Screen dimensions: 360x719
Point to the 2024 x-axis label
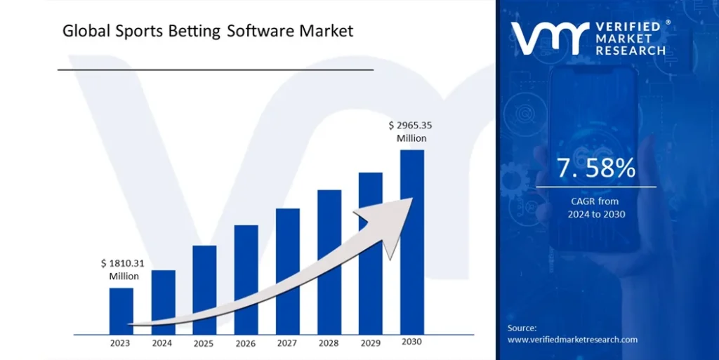tap(162, 343)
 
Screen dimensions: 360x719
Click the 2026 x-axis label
tap(246, 343)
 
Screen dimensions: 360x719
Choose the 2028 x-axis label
tap(329, 343)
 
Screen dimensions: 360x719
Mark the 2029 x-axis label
tap(370, 343)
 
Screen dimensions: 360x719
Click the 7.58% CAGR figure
tap(596, 168)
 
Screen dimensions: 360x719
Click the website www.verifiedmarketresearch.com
tap(572, 340)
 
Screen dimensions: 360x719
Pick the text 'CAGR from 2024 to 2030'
tap(596, 208)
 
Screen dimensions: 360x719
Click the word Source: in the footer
tap(522, 328)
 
